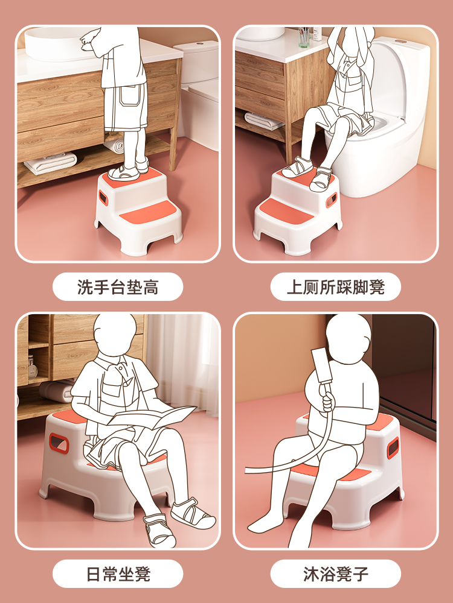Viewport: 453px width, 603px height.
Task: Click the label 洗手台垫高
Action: click(118, 287)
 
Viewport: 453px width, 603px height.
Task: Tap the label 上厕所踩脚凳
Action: click(335, 287)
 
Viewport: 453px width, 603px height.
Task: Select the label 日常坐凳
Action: click(118, 574)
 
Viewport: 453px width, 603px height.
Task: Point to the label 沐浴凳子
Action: click(335, 574)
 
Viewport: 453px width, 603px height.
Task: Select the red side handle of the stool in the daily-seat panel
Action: click(59, 443)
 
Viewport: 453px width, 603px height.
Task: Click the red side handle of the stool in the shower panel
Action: click(393, 447)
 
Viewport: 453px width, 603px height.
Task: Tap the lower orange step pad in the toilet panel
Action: click(286, 210)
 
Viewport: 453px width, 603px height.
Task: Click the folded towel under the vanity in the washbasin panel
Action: click(51, 163)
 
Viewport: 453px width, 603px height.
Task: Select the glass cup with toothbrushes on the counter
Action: click(304, 37)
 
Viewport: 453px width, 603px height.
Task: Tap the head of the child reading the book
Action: click(114, 335)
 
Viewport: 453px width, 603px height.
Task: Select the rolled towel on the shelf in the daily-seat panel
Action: click(56, 391)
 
